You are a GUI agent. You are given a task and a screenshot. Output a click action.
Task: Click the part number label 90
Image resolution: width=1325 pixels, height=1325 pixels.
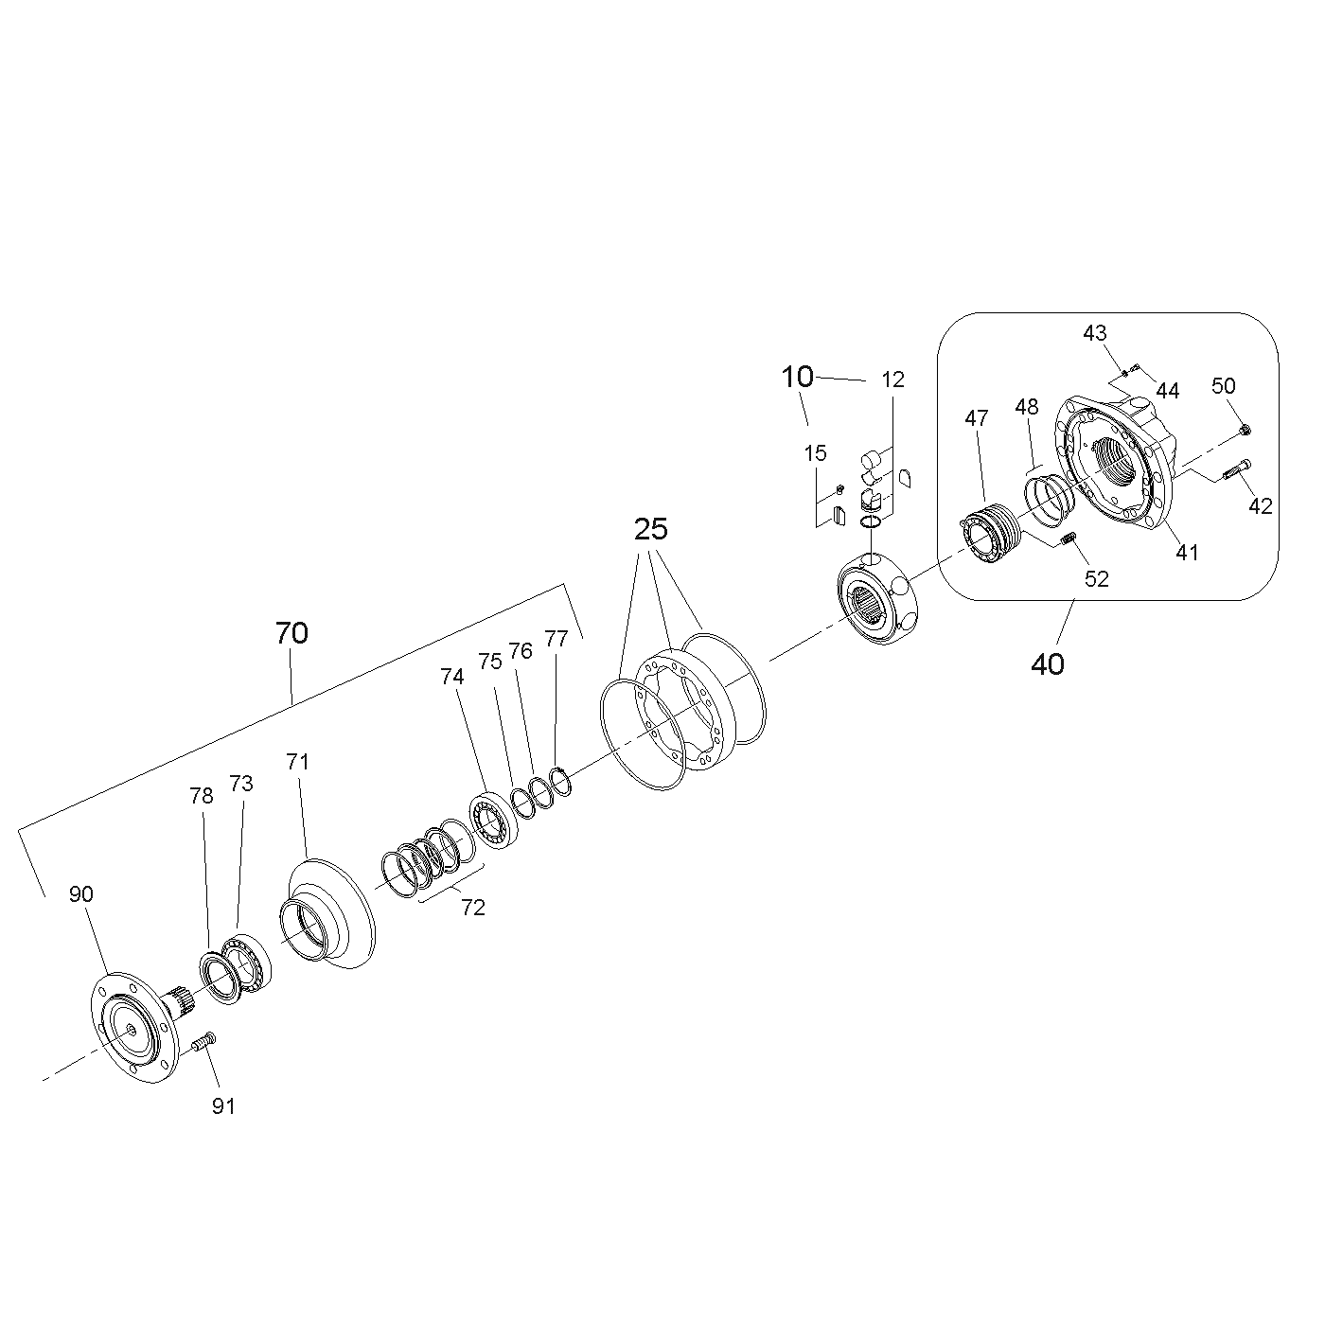click(81, 894)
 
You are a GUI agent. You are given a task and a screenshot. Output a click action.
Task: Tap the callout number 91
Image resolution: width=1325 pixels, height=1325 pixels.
click(223, 1106)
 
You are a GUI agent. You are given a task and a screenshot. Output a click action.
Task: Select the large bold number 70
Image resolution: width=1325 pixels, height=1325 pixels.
click(291, 633)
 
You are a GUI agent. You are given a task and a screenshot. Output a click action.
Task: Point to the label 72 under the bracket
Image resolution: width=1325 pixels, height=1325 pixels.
click(473, 908)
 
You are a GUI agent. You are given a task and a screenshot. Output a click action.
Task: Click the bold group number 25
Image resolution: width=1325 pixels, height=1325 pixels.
click(650, 529)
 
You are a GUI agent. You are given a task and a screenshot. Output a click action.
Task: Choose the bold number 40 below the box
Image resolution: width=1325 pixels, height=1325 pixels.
click(1047, 664)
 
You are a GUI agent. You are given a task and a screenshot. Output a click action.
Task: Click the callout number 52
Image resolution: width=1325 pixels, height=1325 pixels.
click(1097, 579)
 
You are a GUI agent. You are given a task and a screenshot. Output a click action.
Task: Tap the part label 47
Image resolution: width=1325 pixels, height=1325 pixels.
click(977, 418)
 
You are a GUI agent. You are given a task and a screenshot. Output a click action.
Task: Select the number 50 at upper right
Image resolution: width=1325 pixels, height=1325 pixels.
click(1223, 386)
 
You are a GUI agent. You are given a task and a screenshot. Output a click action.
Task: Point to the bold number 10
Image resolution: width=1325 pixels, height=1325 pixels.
click(797, 377)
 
